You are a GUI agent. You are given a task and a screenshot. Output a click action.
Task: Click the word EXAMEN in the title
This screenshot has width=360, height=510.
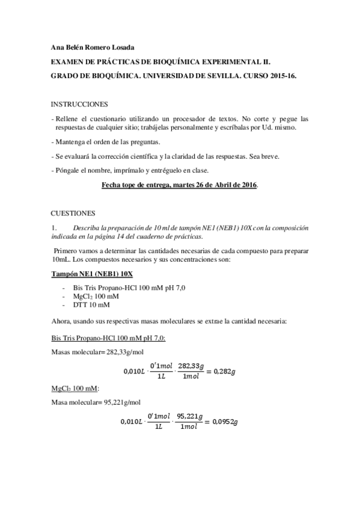coord(69,63)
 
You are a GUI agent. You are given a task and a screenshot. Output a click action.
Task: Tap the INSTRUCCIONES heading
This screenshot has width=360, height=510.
coord(79,104)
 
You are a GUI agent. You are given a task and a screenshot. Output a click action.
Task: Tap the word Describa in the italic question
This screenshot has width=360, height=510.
coord(87,228)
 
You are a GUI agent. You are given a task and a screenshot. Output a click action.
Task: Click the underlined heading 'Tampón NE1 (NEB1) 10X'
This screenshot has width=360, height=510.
coord(90,274)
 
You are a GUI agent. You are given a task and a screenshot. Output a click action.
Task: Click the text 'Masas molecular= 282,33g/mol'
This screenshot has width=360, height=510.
coord(97,351)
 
